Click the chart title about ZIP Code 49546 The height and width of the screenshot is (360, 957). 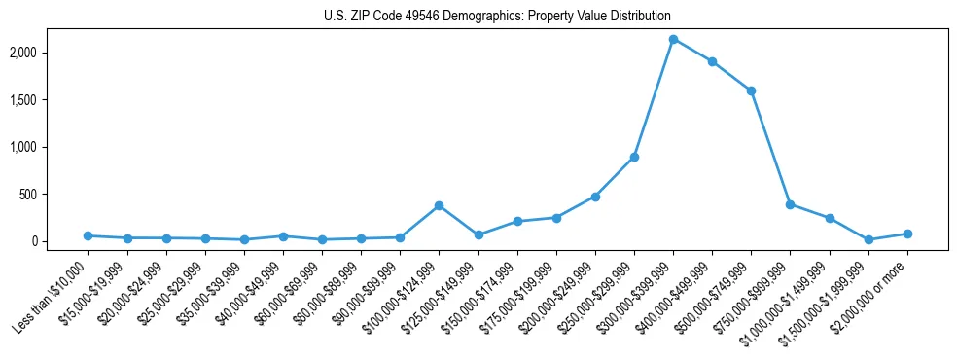coord(497,17)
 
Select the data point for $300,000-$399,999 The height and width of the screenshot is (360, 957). coord(673,40)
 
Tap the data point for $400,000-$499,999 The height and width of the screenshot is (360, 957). coord(712,61)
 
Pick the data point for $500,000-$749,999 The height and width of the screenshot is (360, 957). coord(751,90)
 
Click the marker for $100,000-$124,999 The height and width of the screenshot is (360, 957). coord(439,205)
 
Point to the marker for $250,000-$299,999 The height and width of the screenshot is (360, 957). coord(634,157)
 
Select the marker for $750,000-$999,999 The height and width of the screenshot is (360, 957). coord(790,204)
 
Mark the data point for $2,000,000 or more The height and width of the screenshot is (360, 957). coord(907,234)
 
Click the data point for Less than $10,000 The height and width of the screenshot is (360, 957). coord(88,235)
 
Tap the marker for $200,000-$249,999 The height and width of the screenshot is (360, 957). coord(595,197)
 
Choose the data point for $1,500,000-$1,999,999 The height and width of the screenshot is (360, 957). coord(868,239)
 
